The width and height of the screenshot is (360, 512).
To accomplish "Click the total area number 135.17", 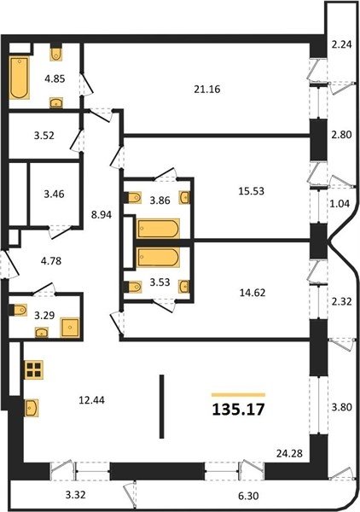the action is coord(238,410).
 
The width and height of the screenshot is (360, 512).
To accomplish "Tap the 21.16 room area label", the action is coord(207,89).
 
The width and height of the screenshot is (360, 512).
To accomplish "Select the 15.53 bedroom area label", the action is coord(251,191).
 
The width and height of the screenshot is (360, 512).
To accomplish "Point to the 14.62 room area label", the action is coord(253,293).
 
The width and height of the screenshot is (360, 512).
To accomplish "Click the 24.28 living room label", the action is coord(289,453).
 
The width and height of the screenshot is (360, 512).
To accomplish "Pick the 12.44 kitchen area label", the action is coord(92,400).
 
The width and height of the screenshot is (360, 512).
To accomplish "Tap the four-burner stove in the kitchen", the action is coord(34,369).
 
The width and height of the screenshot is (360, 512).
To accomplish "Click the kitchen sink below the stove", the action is coord(32,408).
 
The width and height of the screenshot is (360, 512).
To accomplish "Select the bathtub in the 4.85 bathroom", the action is coord(19,78).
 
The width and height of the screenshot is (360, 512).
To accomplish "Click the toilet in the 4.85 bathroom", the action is coord(56,54).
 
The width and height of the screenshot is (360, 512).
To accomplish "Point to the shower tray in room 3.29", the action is coord(69,328).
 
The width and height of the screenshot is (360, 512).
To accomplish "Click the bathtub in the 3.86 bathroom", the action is coord(159,229).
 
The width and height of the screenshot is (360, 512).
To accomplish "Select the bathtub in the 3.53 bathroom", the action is coord(159,258).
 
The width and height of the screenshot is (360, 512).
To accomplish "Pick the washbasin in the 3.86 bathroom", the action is coord(184,198).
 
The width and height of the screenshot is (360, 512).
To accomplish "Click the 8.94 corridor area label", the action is coord(102,214).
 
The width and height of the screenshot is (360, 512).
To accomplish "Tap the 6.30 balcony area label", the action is coord(248,496).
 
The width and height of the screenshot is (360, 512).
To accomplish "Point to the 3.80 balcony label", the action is coord(342,407).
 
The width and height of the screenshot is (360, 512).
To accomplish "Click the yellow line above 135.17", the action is coord(238,395).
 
